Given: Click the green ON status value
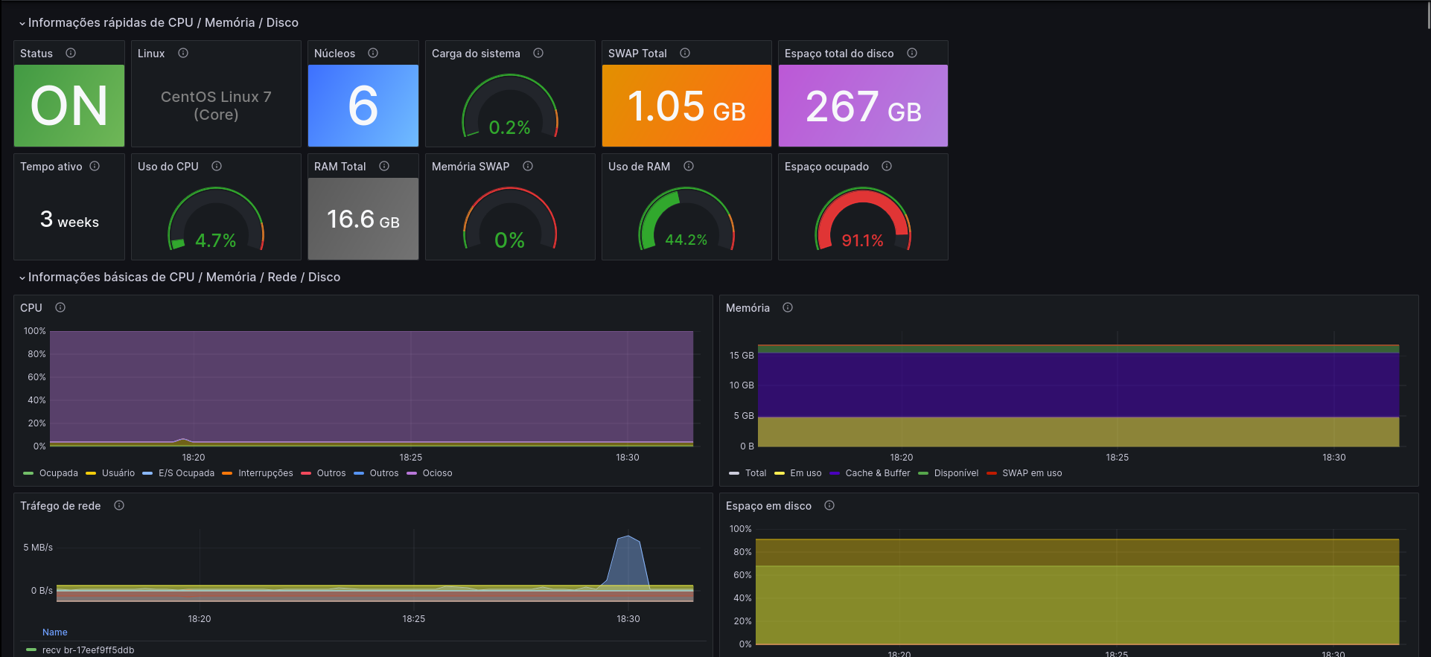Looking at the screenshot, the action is (69, 106).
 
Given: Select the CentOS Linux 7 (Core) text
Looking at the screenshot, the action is (216, 106).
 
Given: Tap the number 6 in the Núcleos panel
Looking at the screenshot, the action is (363, 106).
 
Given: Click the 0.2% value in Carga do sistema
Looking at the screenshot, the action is (509, 128).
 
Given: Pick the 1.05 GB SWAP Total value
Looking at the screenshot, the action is (686, 106).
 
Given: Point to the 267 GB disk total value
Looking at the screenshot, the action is (863, 106).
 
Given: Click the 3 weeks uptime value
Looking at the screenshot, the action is (69, 219).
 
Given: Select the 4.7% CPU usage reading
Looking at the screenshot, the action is (215, 240).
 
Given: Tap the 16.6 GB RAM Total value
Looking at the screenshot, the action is (363, 219).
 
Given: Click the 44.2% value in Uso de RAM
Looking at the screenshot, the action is (686, 240).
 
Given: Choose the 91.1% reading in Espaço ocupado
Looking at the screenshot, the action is (862, 240).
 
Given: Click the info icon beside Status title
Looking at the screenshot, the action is (71, 53).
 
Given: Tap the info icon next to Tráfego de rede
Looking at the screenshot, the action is (119, 505).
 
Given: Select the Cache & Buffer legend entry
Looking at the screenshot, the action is (870, 473).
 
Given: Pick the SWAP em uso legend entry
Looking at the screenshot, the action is (1024, 473).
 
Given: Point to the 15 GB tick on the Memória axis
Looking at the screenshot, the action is (742, 356).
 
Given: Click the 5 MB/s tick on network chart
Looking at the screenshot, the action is (38, 548).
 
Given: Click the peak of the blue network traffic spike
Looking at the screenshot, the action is (628, 536).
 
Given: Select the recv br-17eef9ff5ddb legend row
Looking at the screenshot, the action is (80, 650).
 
